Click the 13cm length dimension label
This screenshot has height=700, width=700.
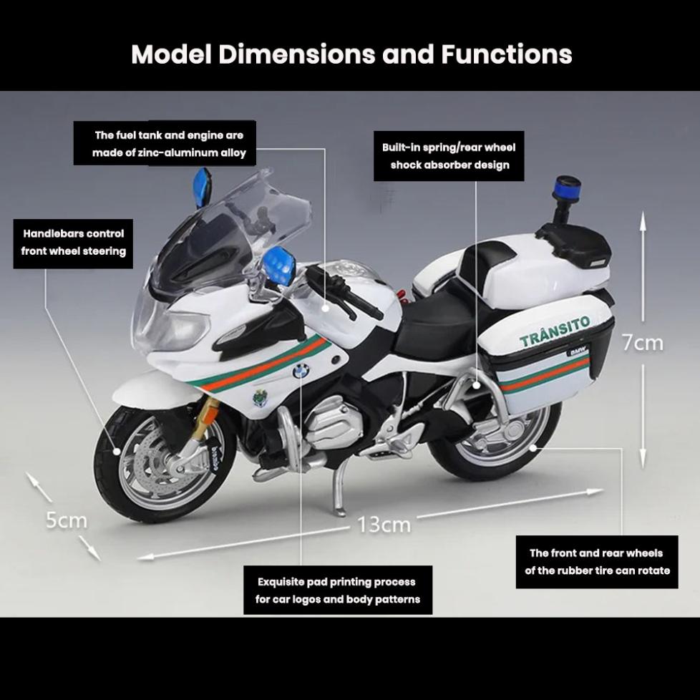coord(384,525)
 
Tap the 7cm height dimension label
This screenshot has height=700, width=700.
coord(642,343)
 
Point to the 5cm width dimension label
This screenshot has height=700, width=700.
coord(66,520)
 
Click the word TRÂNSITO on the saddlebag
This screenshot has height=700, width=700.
coord(555,331)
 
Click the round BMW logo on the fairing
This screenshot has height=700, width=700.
coord(301,371)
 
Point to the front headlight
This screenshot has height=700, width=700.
coord(172,326)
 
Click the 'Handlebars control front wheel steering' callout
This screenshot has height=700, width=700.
coord(73,243)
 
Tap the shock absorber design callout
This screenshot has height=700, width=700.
coord(449,156)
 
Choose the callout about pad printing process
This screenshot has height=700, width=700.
coord(338,590)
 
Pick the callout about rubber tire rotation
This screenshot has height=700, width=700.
coord(597,562)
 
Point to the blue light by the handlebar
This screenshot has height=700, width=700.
coord(278,263)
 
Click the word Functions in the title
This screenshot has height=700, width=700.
coord(506,54)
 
